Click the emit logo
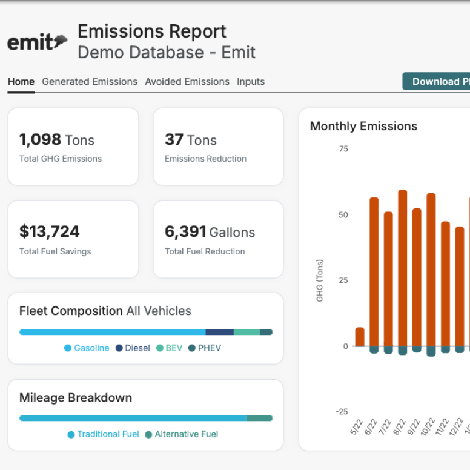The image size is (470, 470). point(37,42)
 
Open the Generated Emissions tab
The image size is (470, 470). point(90,82)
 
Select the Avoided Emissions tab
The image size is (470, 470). point(187,82)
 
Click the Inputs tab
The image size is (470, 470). point(251,82)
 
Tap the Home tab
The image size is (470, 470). point(21,82)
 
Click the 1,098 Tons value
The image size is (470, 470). point(56,140)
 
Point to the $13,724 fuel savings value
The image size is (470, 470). point(50,231)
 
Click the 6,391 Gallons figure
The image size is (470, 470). point(210,231)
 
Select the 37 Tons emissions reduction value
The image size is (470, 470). point(190,140)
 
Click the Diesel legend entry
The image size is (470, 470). point(133,348)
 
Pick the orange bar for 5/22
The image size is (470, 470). point(360,337)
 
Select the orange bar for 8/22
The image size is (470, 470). point(403,268)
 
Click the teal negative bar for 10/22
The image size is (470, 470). point(431,351)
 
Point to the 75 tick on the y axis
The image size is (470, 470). point(343,149)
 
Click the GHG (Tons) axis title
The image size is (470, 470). point(320,280)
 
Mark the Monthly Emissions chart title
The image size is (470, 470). point(363,127)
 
